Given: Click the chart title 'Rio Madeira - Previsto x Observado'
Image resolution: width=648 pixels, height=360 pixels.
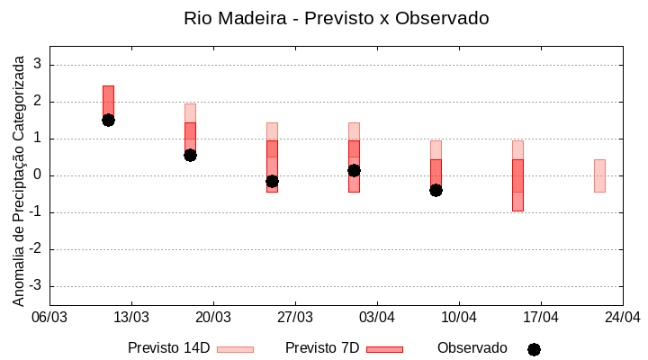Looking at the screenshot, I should pos(337,18).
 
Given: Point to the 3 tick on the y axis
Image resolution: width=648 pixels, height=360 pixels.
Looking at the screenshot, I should pos(38,65).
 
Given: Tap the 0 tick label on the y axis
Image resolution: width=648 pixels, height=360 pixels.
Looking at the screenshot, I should pos(38,175).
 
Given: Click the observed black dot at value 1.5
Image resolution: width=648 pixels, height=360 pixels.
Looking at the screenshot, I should pos(108,120).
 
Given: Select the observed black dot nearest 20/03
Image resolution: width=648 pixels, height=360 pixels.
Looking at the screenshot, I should pos(190,155).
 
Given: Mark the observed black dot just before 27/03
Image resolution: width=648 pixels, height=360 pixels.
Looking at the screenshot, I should pos(272,181).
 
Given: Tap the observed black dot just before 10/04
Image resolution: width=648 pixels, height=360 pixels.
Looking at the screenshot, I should pos(436,190).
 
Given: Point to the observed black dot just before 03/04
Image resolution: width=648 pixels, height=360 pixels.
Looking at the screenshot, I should pos(354,170).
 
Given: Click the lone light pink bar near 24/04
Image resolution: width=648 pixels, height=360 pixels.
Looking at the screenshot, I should pos(599,175).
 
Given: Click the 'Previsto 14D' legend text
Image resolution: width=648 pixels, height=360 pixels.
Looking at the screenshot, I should pos(168,347).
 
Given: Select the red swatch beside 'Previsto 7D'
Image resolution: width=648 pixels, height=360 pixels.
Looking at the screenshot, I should pos(384,349).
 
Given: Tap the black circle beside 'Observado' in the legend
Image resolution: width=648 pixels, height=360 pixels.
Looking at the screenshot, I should pos(534,349).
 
